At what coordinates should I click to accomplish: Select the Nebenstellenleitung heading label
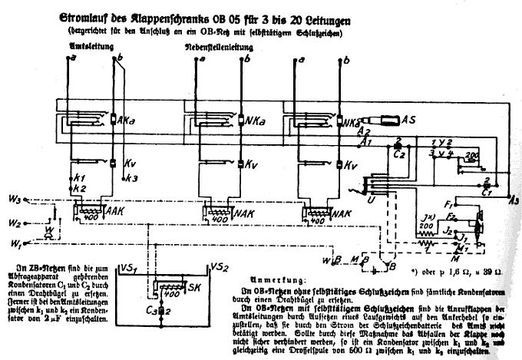tap(219, 48)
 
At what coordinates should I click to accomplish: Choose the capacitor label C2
tap(399, 154)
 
